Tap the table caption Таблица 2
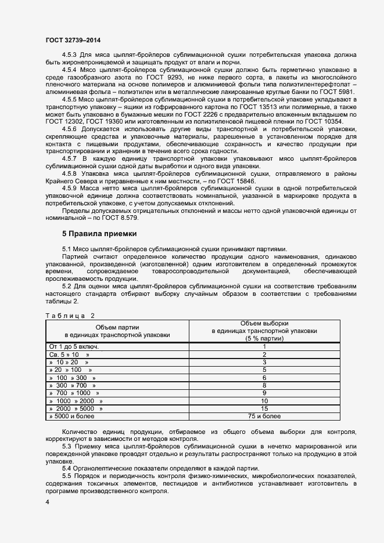click(x=70, y=316)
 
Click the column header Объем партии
click(x=117, y=327)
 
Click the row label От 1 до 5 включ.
click(x=74, y=346)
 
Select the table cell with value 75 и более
click(x=264, y=416)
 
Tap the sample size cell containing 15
click(x=264, y=408)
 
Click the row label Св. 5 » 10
click(x=69, y=354)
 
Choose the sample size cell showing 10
click(x=264, y=401)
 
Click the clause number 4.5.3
click(x=69, y=55)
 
